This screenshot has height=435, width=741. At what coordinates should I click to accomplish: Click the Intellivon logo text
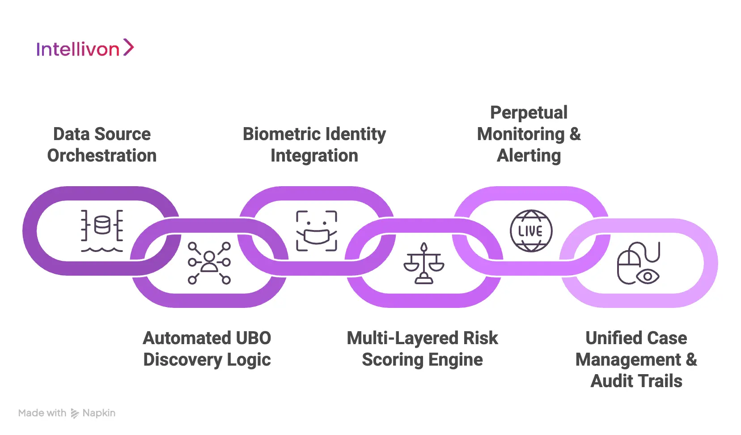click(x=78, y=49)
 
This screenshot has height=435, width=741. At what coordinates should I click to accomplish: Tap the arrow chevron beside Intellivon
click(x=128, y=47)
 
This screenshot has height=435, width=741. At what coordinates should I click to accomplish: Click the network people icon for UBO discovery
click(x=209, y=263)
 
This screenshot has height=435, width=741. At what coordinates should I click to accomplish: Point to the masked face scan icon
click(x=316, y=230)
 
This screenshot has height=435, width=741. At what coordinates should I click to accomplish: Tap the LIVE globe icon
click(x=531, y=231)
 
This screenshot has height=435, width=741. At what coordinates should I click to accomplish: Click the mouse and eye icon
click(x=638, y=264)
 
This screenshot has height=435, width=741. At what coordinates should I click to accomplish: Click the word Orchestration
click(x=102, y=156)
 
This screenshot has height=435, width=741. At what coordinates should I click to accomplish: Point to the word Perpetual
click(x=529, y=113)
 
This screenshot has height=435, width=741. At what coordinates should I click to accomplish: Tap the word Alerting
click(x=529, y=156)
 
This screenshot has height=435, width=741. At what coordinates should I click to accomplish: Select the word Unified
click(x=606, y=338)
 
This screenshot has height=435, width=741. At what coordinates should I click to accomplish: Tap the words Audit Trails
click(x=636, y=381)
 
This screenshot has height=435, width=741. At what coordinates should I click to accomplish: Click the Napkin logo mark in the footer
click(x=75, y=414)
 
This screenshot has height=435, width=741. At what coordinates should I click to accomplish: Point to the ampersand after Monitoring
click(x=575, y=134)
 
